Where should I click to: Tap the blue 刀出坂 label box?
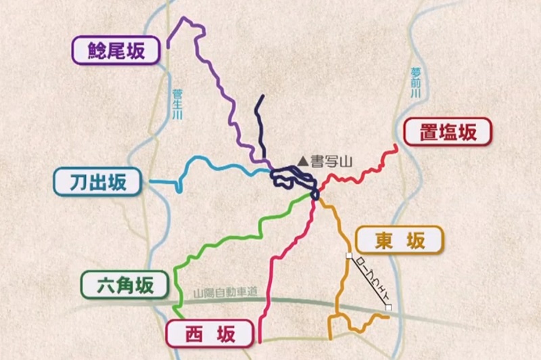coord(99,181)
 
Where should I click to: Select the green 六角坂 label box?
coord(126,285)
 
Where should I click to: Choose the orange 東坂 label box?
coord(399,240)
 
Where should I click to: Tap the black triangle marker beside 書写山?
coord(303,161)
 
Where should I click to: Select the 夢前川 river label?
coord(415,83)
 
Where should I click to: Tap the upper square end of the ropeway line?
coord(348,256)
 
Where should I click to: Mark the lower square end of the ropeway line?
coord(389,308)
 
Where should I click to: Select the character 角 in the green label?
coord(126,285)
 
